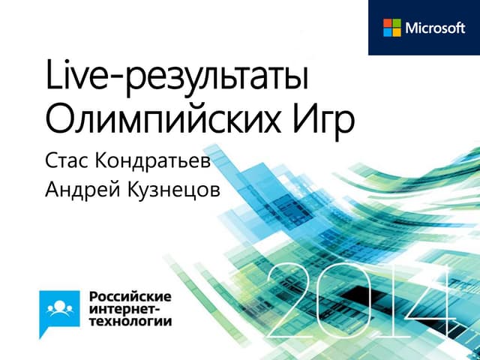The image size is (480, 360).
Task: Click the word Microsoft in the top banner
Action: (436, 28)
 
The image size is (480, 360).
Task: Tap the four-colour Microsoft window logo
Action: (392, 28)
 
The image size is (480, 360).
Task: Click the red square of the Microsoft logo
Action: (388, 23)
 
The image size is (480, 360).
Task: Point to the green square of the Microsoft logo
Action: (397, 23)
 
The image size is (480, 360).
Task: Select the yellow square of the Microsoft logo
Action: (397, 32)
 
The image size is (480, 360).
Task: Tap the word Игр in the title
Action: (323, 119)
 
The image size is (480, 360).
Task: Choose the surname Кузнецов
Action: (178, 190)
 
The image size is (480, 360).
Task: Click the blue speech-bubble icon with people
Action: (60, 306)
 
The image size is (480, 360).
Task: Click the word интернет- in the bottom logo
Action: (123, 306)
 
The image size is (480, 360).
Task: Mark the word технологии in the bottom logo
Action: (130, 320)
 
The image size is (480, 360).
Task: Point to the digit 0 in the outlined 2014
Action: (344, 299)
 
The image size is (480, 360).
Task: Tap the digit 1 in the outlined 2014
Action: (385, 299)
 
